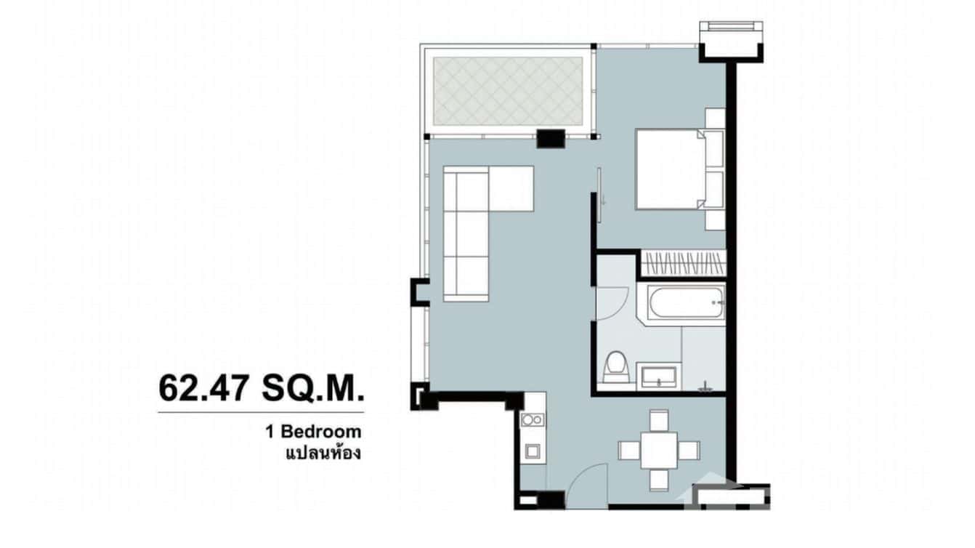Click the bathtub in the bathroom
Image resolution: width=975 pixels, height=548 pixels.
click(687, 305)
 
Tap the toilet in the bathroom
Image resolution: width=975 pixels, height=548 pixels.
click(617, 367)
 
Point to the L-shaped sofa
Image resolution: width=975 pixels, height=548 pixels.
click(469, 225)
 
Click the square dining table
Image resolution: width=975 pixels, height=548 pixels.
click(659, 450)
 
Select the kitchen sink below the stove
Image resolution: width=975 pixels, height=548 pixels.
click(533, 450)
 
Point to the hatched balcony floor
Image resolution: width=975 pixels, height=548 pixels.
click(509, 90)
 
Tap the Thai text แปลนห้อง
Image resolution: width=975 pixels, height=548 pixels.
click(323, 454)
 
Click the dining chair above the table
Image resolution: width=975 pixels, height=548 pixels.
click(659, 419)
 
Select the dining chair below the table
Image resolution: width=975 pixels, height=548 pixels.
click(659, 480)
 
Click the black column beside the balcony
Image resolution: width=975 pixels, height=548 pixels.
click(551, 138)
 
